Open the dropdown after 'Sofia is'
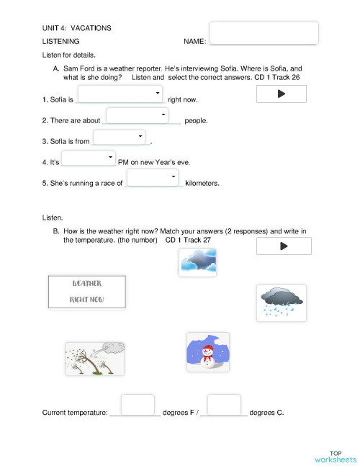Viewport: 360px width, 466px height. click(x=120, y=94)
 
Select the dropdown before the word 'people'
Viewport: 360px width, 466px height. click(x=138, y=115)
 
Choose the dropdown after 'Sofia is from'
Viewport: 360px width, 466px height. click(x=120, y=137)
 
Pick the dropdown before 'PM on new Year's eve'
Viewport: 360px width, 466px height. click(x=89, y=158)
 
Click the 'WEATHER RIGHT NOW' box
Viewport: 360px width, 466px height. click(x=86, y=291)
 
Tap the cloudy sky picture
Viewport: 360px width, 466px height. click(x=197, y=262)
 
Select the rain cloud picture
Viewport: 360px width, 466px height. click(x=281, y=303)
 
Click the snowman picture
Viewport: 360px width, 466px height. click(x=207, y=351)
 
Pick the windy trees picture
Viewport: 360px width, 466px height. click(x=94, y=358)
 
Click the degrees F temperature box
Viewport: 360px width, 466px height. click(x=138, y=405)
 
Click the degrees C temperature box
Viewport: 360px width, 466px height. click(x=223, y=405)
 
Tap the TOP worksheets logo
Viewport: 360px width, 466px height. click(x=335, y=456)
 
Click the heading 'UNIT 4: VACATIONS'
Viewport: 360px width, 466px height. click(x=77, y=28)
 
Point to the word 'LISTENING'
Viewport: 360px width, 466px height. click(x=61, y=42)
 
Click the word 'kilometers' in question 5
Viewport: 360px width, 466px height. click(x=202, y=183)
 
